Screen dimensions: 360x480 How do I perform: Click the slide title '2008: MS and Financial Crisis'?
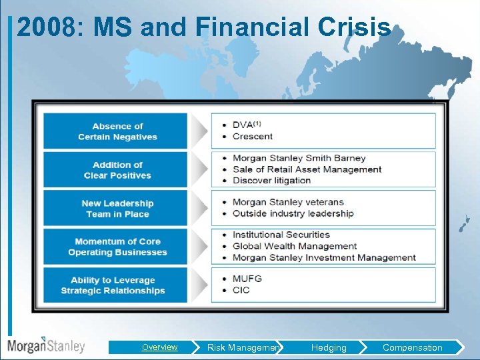203,27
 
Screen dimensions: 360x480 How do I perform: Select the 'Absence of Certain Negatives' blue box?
117,131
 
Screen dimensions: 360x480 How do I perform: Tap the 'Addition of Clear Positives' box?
117,170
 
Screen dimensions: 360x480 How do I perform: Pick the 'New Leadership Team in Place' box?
117,209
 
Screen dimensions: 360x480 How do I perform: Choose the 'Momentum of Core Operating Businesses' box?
117,247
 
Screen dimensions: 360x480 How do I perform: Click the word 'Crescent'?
252,136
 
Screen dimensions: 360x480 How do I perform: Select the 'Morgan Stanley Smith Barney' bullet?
299,158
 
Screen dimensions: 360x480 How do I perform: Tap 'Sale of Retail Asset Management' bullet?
307,169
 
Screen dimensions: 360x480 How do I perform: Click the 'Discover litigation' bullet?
271,180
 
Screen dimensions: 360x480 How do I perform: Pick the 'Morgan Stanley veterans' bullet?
288,202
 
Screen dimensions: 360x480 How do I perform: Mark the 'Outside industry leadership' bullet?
293,213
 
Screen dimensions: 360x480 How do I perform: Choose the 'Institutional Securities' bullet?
281,235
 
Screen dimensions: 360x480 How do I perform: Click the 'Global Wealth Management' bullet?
295,246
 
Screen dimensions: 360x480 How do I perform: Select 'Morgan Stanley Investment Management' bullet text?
324,257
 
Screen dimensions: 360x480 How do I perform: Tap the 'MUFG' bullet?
247,279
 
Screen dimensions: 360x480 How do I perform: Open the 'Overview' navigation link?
159,347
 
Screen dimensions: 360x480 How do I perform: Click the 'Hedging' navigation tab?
329,347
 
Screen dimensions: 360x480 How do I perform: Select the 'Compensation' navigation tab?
412,347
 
